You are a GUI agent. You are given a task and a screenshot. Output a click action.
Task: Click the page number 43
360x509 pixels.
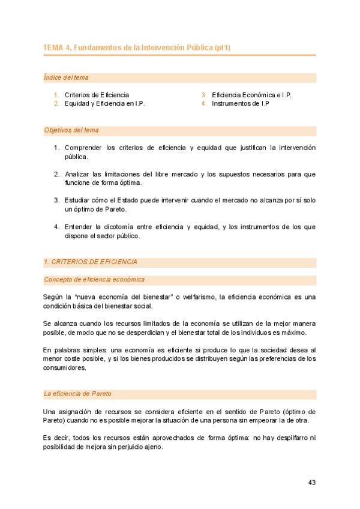tap(311, 482)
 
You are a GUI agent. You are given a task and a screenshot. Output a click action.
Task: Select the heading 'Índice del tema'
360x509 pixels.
tap(66, 78)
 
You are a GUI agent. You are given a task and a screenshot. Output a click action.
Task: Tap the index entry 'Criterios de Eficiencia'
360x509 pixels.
tap(97, 95)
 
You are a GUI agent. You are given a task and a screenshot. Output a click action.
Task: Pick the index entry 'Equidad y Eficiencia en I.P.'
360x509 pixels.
tap(104, 103)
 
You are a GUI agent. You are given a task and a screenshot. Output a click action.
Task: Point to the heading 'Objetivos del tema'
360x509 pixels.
tap(71, 130)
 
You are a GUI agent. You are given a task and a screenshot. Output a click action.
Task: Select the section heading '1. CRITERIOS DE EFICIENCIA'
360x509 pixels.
tap(91, 262)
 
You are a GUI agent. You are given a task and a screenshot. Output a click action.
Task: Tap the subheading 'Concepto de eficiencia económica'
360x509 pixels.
tap(94, 280)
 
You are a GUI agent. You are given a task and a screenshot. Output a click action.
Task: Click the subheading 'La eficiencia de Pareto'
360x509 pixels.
tap(78, 394)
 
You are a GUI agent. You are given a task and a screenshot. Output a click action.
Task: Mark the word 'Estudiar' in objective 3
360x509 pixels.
tap(77, 200)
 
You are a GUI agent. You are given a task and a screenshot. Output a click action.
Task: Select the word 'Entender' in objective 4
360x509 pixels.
tap(79, 227)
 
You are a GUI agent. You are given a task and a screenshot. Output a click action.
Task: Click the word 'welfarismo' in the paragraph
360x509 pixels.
tap(201, 297)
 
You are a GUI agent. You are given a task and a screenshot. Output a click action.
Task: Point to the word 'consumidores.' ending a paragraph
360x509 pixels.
tap(65, 368)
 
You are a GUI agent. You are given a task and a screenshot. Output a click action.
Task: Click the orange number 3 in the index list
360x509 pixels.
tap(204, 95)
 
